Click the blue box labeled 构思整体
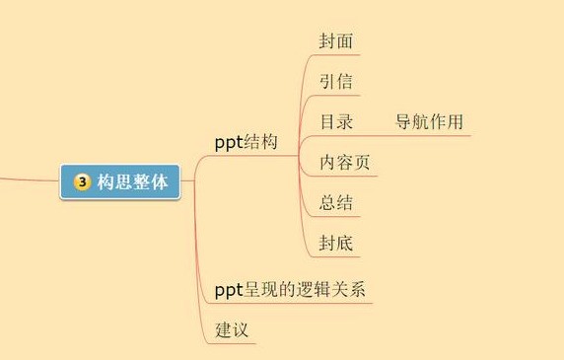coord(119,181)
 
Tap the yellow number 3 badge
coord(83,182)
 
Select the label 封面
coord(335,41)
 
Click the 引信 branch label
coord(336,81)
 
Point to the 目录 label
coord(336,121)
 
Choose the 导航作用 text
coord(429,121)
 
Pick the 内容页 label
coord(344,162)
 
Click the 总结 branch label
coord(335,202)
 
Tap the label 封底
coord(335,243)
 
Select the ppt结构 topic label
coord(247,142)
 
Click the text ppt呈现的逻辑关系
coord(290,290)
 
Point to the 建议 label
coord(232,329)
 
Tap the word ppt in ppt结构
coord(229,143)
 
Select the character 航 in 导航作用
coord(420,121)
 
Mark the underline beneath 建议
coord(231,343)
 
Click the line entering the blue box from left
coord(30,180)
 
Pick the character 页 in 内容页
coord(362,162)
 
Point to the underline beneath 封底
coord(335,256)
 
